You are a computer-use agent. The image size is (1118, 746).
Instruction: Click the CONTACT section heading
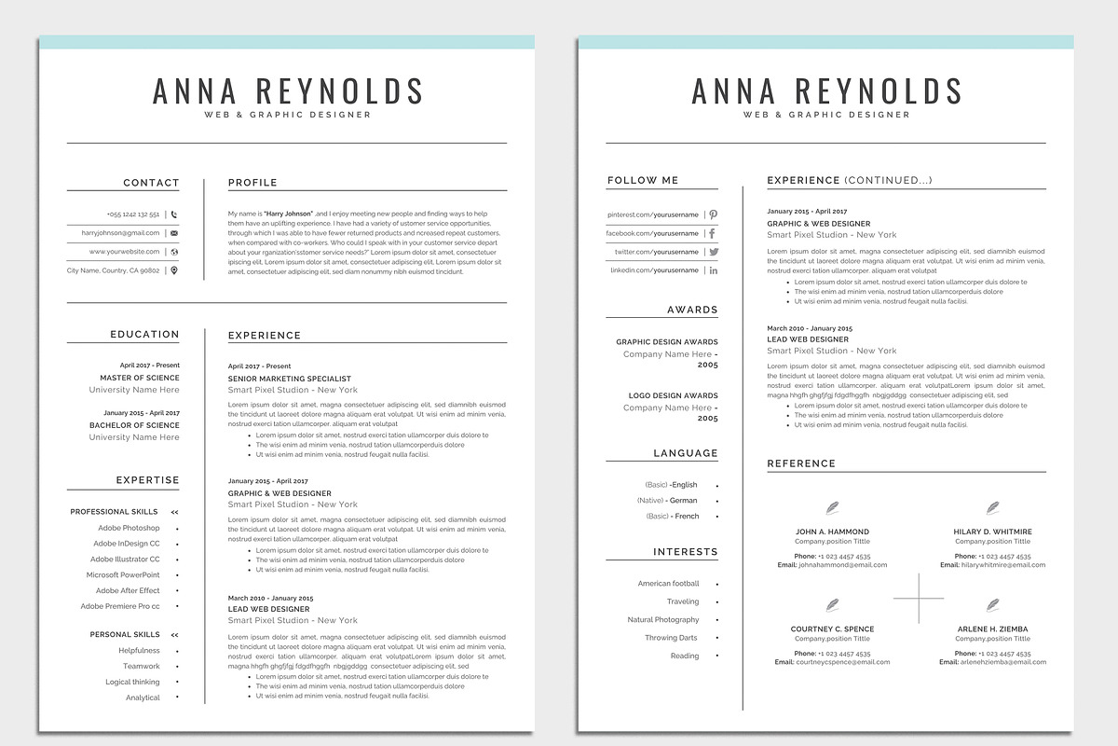[151, 183]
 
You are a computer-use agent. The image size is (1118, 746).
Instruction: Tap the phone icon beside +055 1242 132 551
[174, 214]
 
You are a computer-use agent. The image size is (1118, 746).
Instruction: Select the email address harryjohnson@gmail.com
[120, 233]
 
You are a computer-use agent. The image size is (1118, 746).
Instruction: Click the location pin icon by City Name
[174, 270]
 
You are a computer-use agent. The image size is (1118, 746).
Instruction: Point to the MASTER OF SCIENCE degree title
[140, 378]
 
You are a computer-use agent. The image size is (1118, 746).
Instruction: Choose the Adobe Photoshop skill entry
[129, 528]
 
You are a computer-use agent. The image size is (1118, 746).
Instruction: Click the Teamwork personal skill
[142, 666]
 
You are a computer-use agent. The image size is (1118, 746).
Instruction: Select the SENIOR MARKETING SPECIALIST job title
[290, 379]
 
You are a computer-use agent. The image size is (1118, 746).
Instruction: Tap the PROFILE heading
[252, 183]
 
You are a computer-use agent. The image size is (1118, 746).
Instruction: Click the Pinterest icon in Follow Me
[713, 214]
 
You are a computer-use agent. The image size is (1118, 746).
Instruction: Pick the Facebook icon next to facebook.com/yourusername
[713, 233]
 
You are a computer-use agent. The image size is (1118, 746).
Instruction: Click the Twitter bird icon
[714, 252]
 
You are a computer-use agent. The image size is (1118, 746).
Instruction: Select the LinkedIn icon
[714, 270]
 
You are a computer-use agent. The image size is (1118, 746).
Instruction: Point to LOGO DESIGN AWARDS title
[674, 395]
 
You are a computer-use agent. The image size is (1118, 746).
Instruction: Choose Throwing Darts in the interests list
[671, 638]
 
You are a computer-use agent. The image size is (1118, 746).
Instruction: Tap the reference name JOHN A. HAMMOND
[832, 532]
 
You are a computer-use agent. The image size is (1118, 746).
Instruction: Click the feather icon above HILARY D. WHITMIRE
[992, 508]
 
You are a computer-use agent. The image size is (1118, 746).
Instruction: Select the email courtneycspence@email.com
[842, 662]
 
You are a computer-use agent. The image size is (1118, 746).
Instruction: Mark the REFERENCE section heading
[801, 463]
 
